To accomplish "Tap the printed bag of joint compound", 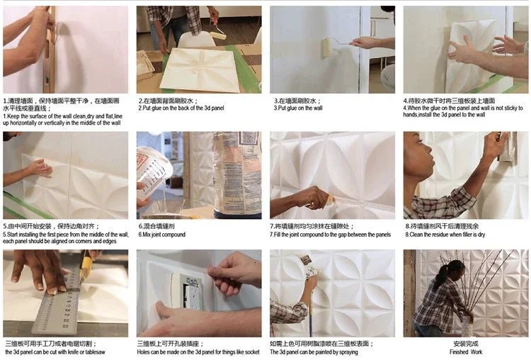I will pos(236,174).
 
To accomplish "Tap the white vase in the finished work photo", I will pos(466,325).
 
